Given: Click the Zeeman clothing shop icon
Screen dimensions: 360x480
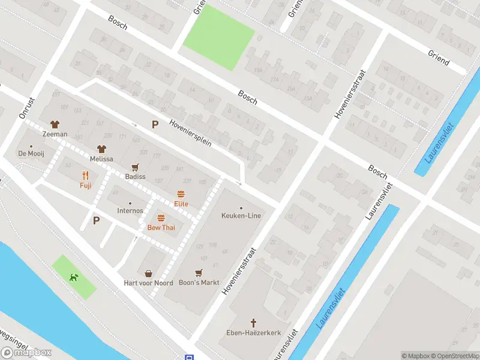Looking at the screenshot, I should pyautogui.click(x=55, y=124).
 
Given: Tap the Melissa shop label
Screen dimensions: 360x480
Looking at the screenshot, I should pyautogui.click(x=101, y=159).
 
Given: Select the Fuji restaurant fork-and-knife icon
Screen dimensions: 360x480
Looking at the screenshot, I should pyautogui.click(x=85, y=176).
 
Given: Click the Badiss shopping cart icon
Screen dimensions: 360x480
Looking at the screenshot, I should pyautogui.click(x=135, y=167).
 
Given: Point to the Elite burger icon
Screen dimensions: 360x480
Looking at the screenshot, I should pyautogui.click(x=181, y=194).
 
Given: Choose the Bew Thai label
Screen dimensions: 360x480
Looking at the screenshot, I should pyautogui.click(x=161, y=228).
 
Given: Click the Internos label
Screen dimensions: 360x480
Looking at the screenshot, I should pyautogui.click(x=130, y=211).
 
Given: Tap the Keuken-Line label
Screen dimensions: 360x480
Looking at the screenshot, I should pyautogui.click(x=241, y=216).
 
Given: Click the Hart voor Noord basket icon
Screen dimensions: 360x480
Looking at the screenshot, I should pyautogui.click(x=148, y=274).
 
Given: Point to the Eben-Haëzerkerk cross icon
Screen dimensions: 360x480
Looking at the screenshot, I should pyautogui.click(x=253, y=322).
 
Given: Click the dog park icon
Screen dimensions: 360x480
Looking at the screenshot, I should pyautogui.click(x=73, y=277).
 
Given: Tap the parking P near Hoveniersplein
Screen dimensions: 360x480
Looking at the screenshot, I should pyautogui.click(x=155, y=125).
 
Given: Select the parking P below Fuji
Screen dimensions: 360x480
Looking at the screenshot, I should pyautogui.click(x=96, y=220).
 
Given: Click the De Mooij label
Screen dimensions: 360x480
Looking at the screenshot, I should pyautogui.click(x=32, y=154).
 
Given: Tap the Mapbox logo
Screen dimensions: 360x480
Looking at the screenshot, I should pyautogui.click(x=26, y=353).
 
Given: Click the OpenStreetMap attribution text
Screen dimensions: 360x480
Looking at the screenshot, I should pyautogui.click(x=455, y=356).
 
